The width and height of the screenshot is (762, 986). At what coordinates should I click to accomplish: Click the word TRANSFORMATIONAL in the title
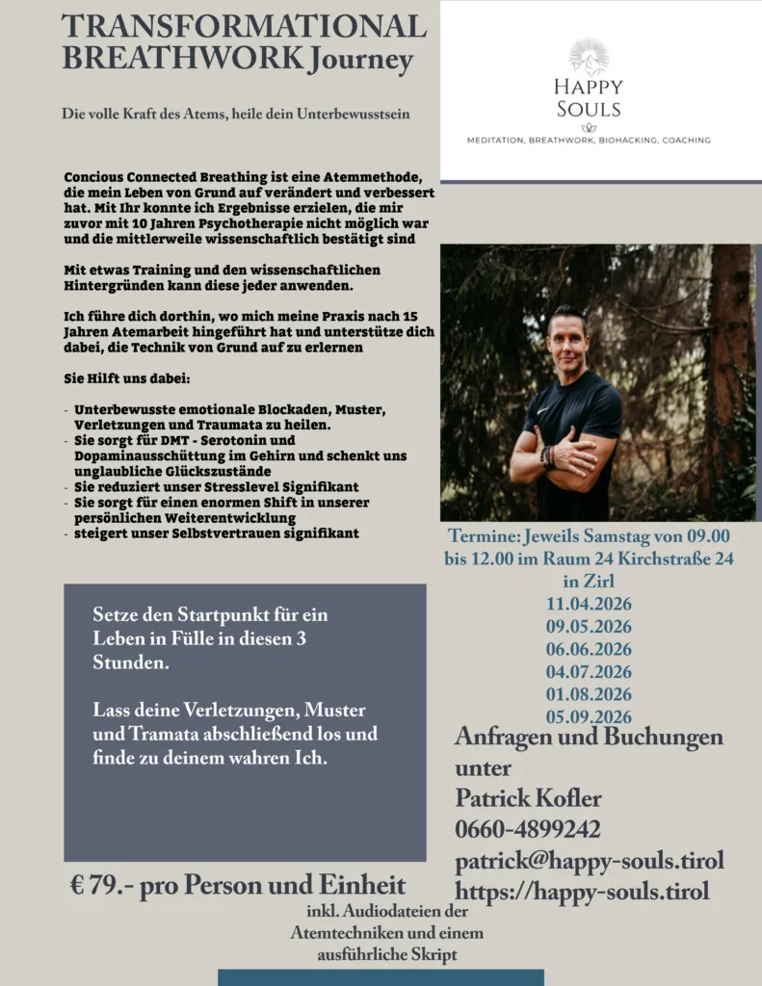click(244, 27)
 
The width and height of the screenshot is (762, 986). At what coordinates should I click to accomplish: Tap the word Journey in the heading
click(361, 60)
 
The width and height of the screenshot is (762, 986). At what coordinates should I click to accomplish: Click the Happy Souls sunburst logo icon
click(588, 57)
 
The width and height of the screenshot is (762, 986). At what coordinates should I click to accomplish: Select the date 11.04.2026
click(589, 604)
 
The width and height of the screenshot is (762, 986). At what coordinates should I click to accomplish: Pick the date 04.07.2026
click(589, 671)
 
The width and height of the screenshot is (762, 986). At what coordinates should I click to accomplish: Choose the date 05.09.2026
click(589, 716)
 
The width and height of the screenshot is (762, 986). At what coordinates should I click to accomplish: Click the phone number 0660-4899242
click(528, 829)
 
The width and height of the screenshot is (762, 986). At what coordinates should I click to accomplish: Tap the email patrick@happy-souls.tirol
click(589, 860)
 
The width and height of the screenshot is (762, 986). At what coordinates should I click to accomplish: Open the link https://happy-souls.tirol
click(582, 892)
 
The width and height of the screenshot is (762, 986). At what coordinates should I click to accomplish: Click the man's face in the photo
click(566, 334)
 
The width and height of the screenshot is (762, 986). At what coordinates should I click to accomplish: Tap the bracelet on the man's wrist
click(548, 455)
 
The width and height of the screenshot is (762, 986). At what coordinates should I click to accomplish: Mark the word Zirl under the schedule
click(589, 582)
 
